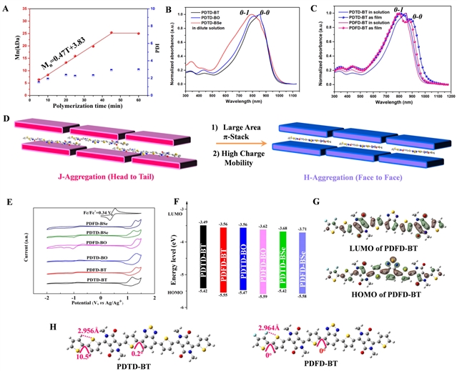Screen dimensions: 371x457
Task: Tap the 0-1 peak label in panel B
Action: pos(247,12)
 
